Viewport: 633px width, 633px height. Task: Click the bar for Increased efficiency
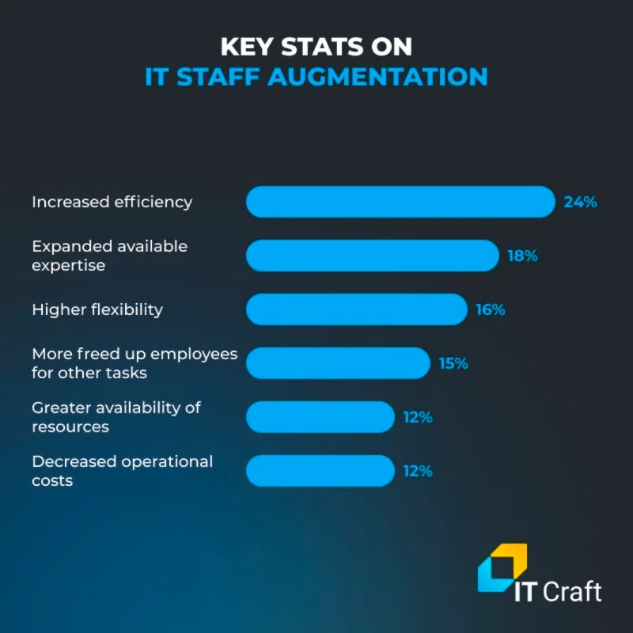[400, 202]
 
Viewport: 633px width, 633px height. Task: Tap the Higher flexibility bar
[357, 309]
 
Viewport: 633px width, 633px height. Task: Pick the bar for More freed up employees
[338, 363]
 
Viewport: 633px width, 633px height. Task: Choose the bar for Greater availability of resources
[320, 417]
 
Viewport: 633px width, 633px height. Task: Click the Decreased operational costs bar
[320, 471]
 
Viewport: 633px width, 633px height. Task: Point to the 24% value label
[580, 202]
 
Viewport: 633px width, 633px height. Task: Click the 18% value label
[522, 256]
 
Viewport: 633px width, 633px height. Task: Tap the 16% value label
[490, 309]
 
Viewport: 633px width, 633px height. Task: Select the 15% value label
[453, 363]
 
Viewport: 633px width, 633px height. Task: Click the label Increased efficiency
[112, 202]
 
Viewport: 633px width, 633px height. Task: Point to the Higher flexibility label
[97, 309]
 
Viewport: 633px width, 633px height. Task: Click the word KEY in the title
[246, 47]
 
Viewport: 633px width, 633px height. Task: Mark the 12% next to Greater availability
[418, 417]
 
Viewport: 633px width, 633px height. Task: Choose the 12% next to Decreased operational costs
[418, 471]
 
